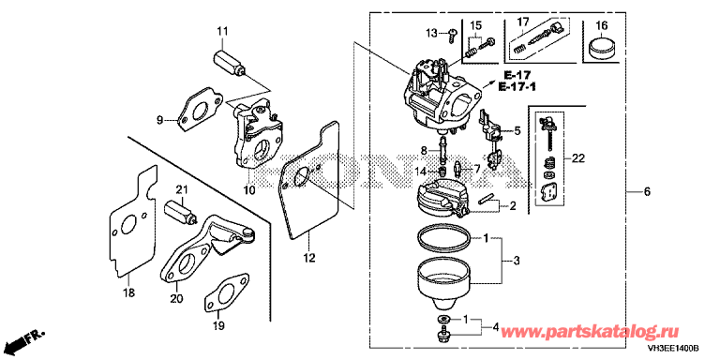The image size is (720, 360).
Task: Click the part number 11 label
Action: tap(222, 31)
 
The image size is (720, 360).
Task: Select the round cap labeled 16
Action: tap(602, 48)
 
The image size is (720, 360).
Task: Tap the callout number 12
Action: tap(309, 259)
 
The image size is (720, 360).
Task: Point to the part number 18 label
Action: tap(129, 292)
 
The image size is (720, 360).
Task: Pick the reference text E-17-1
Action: tap(517, 86)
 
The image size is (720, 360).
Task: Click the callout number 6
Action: tap(647, 192)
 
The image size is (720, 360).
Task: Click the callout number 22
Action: tap(577, 158)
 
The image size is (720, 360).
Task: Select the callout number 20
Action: tap(176, 298)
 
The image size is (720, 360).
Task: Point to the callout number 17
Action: tap(523, 22)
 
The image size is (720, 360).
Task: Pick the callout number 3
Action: tap(517, 262)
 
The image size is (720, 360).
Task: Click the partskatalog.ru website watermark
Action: tap(589, 331)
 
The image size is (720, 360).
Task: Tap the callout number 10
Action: tap(248, 189)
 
